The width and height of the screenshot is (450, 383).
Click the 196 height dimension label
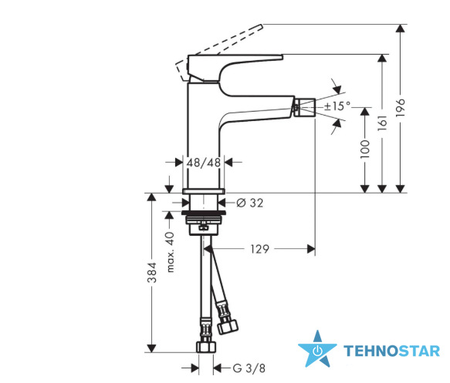[400, 107]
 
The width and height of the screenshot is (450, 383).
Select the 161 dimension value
[382, 123]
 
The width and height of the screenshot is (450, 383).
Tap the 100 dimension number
[365, 149]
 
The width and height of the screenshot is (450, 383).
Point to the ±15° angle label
[337, 106]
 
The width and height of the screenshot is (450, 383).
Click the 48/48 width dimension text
[204, 163]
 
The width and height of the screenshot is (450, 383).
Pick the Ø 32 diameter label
[249, 203]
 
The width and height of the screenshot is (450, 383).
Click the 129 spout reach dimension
[259, 249]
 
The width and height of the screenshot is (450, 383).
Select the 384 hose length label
[152, 272]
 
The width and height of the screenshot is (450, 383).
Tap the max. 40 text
[170, 252]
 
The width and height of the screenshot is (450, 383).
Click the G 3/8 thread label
[249, 368]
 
